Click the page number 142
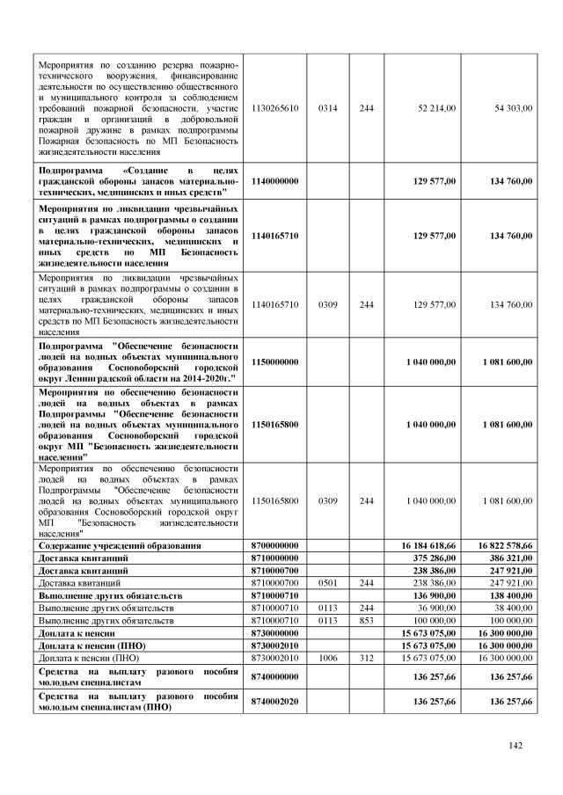(516, 746)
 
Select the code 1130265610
(275, 108)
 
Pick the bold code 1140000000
(275, 180)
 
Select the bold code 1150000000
(275, 361)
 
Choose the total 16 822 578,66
(504, 545)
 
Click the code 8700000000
(275, 545)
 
